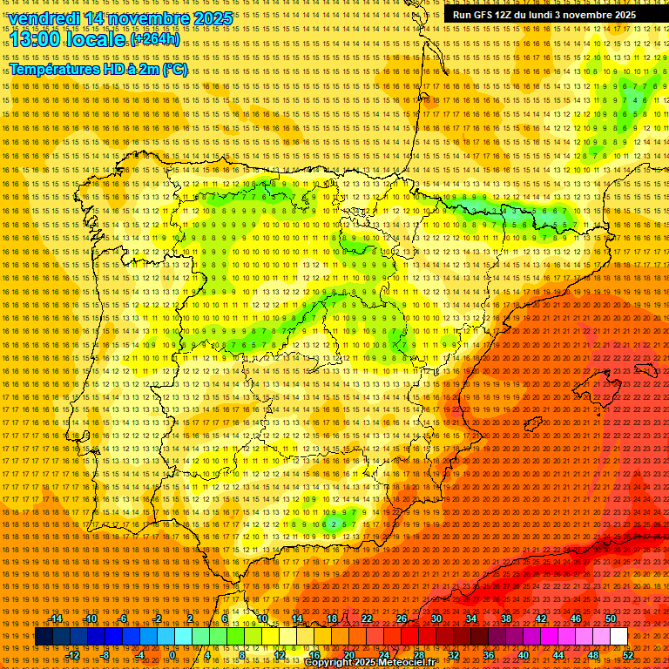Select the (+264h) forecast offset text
[155, 40]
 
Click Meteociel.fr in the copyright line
[402, 663]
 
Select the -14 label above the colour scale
[56, 618]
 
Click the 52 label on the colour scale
[628, 654]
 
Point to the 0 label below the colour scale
[173, 654]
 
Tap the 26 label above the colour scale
[402, 618]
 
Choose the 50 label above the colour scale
[611, 618]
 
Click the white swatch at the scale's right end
[619, 637]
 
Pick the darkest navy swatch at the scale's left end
[44, 637]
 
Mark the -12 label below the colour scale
[73, 654]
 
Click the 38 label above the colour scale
[506, 618]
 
